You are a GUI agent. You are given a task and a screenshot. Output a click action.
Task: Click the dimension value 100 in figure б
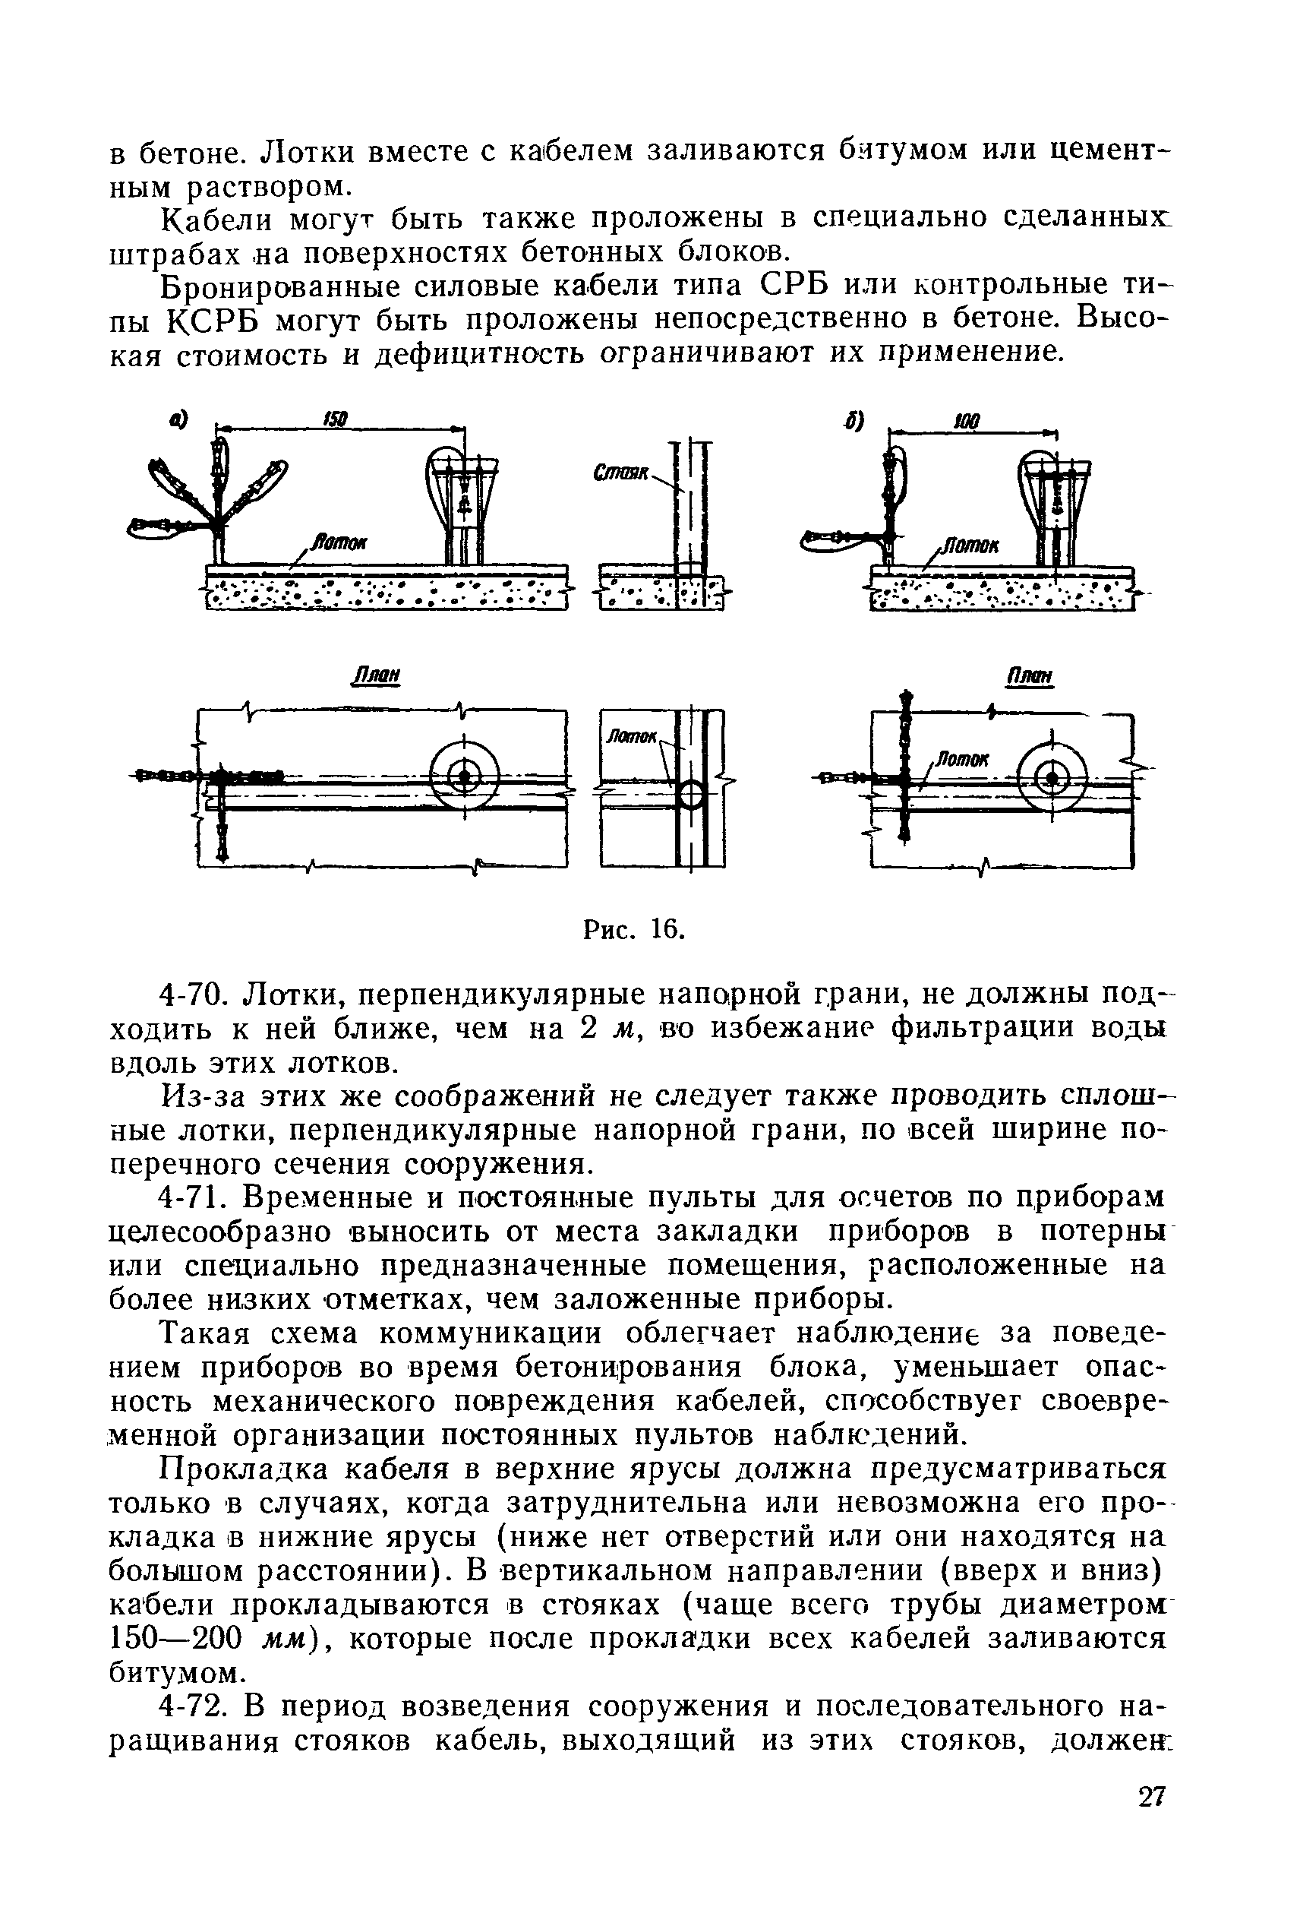point(967,422)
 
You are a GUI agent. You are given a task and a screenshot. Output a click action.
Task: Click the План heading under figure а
point(377,676)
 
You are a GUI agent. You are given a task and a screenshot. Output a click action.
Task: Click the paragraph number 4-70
point(197,993)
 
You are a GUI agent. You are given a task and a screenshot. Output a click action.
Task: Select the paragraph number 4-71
point(197,1197)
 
